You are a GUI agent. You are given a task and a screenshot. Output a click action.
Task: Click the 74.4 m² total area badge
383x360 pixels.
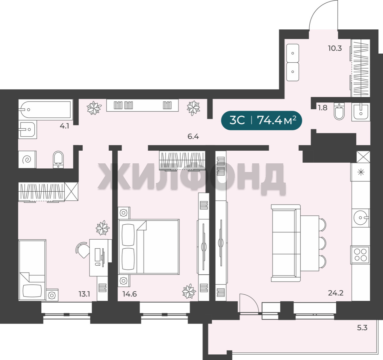pos(261,120)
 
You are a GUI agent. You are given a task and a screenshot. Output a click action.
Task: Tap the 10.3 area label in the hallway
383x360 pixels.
pos(335,48)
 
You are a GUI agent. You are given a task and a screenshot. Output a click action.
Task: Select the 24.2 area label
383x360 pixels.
pos(336,293)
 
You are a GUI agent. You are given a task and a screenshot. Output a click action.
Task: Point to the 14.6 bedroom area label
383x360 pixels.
pos(130,294)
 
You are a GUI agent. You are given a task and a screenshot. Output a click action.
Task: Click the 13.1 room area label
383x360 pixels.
pos(84,294)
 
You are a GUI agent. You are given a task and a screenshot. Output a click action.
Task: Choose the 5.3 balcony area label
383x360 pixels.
pos(362,327)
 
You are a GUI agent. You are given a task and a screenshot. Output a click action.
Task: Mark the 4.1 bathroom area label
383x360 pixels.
pos(64,126)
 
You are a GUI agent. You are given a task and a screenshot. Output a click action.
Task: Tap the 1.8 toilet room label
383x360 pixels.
pos(322,108)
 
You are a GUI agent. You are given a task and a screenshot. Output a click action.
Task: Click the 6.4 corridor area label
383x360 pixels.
pos(193,136)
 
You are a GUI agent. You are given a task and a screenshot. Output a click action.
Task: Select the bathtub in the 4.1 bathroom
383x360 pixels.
pos(46,109)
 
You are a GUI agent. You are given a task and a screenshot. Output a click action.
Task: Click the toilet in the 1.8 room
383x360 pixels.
pos(339,111)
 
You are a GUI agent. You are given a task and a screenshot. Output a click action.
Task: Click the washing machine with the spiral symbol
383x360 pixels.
pos(27,160)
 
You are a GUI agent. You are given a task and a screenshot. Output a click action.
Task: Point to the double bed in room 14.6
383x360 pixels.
pos(149,246)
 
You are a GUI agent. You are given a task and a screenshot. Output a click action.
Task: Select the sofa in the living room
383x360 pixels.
pos(286,243)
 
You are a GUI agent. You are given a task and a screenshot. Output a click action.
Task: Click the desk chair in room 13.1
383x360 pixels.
pos(83,250)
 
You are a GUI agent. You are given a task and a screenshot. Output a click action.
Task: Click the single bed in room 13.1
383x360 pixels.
pos(32,270)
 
